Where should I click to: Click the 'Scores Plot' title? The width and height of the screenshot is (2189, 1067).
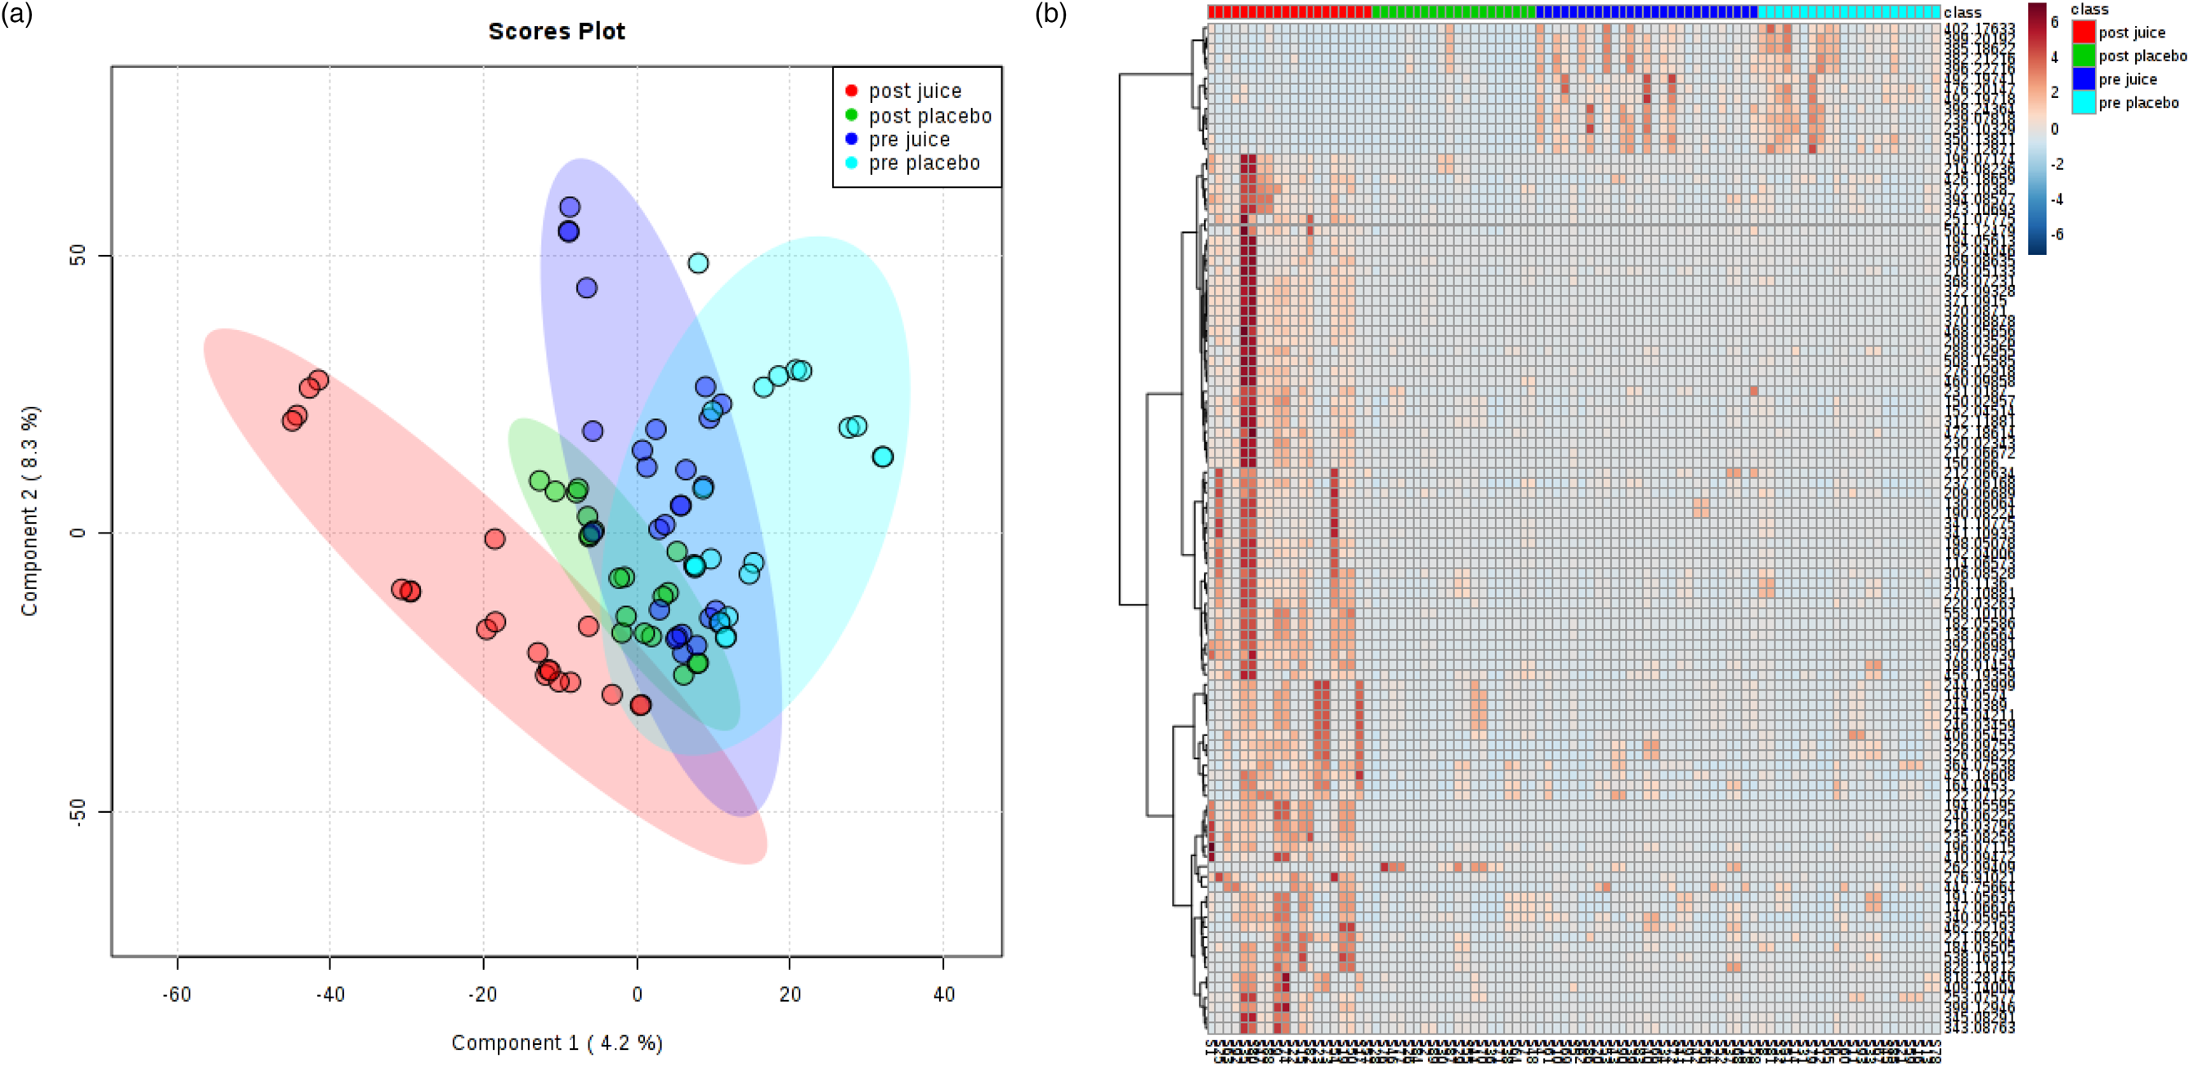click(557, 31)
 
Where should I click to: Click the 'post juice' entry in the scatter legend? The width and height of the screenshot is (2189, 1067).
click(915, 91)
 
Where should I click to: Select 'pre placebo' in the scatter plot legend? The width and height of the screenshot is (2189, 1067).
click(924, 163)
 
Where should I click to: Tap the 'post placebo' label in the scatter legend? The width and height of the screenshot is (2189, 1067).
click(929, 115)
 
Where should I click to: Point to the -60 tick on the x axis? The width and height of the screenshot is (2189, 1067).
click(177, 994)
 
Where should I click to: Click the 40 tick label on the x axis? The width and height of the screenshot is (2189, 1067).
click(943, 994)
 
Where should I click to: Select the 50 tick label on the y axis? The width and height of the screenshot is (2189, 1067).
click(78, 256)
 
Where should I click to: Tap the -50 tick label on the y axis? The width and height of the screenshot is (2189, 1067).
click(78, 812)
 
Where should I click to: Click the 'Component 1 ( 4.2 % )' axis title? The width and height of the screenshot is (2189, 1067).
click(557, 1042)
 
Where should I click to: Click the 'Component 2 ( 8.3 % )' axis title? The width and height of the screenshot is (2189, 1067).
click(29, 511)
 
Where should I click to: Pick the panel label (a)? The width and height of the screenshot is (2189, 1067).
click(16, 14)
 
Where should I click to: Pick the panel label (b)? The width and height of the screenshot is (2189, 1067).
click(1050, 14)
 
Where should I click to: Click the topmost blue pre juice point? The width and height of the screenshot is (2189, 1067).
click(570, 207)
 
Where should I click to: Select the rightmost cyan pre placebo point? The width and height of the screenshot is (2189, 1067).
click(883, 457)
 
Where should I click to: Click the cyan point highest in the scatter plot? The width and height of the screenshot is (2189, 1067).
click(698, 263)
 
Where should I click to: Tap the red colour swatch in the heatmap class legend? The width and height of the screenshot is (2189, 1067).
click(2083, 33)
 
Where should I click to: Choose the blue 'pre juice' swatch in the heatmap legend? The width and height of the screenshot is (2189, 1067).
click(2083, 79)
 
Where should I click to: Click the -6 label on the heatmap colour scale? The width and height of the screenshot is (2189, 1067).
click(2057, 234)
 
